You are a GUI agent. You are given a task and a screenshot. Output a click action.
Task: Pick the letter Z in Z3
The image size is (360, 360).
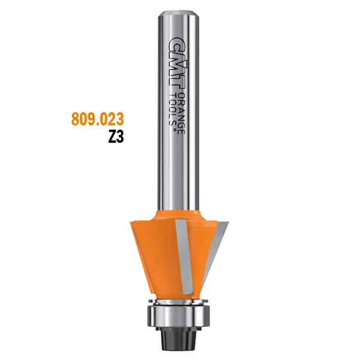[x=112, y=136]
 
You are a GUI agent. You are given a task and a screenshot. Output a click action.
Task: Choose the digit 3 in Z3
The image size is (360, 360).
[x=120, y=136]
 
